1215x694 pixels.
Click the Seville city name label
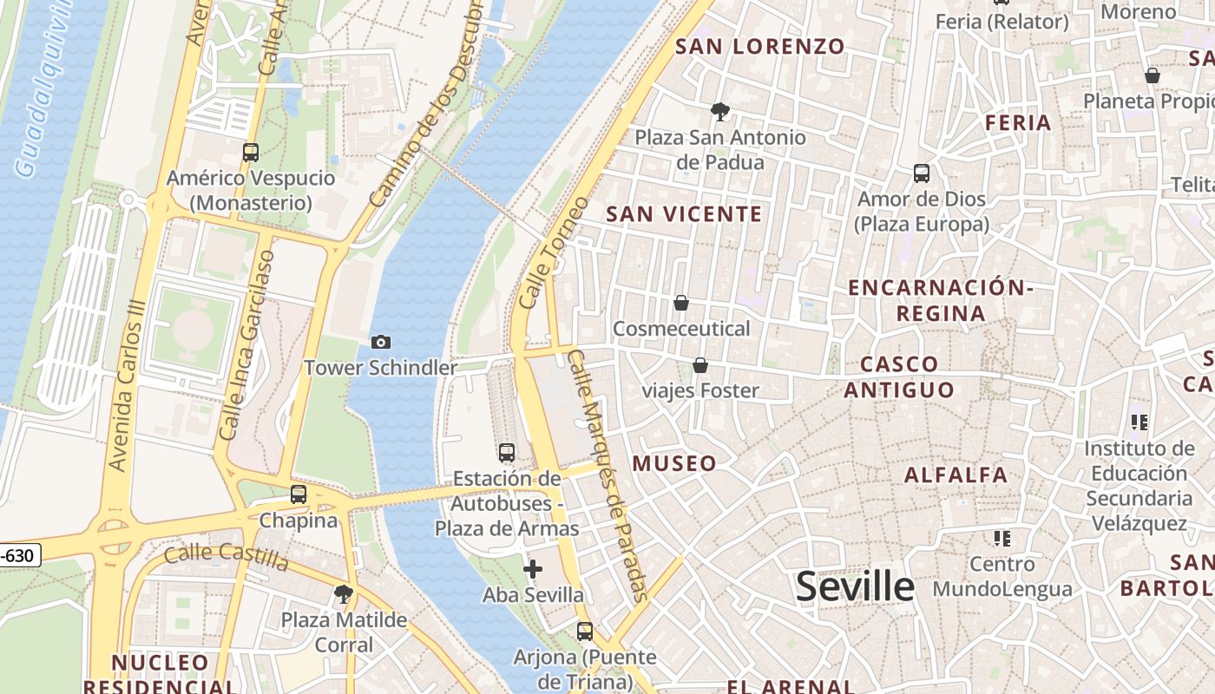[x=855, y=587]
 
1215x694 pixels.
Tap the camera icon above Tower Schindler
[x=380, y=343]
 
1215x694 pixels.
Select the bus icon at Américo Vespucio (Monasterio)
[x=251, y=153]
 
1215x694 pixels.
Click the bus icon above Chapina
[x=299, y=494]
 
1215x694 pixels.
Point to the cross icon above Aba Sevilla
[x=533, y=569]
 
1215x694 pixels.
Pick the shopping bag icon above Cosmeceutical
[x=681, y=303]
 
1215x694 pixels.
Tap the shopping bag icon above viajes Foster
[x=699, y=365]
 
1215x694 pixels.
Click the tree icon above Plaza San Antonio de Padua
[x=719, y=111]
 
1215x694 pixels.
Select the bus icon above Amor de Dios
[x=922, y=173]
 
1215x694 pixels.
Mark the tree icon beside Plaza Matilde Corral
[x=344, y=594]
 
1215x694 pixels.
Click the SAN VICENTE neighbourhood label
[x=684, y=214]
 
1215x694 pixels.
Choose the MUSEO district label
[x=674, y=463]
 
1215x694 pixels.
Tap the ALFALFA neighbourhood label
[x=956, y=475]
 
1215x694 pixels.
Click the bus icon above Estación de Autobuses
[x=507, y=453]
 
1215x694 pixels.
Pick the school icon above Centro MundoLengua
[x=1002, y=539]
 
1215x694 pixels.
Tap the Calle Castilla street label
[x=227, y=557]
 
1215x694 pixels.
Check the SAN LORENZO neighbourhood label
[x=759, y=47]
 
